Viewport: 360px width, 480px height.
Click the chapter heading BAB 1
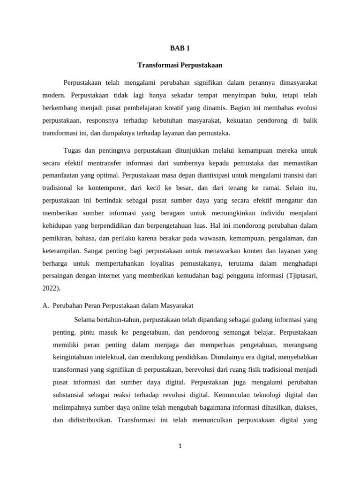coord(180,48)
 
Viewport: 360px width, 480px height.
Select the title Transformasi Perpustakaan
coord(180,65)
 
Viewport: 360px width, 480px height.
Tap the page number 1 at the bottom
coord(180,446)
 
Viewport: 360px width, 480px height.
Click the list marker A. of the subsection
coord(46,306)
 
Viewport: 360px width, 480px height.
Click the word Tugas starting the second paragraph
coord(73,150)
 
